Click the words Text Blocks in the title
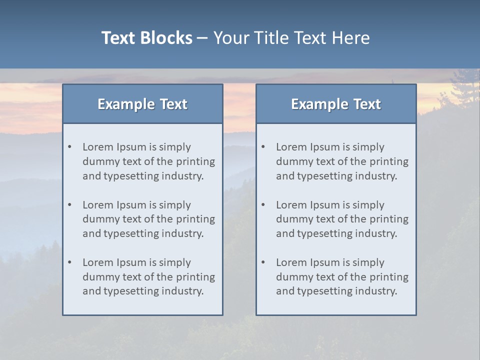[x=146, y=38]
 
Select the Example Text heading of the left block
[x=142, y=104]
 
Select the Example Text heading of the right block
[x=336, y=104]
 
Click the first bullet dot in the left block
[x=70, y=147]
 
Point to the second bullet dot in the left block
[x=70, y=205]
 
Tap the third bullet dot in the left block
[x=70, y=262]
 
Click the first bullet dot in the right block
[x=263, y=147]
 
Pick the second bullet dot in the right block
[x=263, y=205]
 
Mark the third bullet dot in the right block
[x=263, y=262]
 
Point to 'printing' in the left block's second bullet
[x=195, y=219]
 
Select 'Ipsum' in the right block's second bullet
[x=324, y=205]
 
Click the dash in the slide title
[x=203, y=38]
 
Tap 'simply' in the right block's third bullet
[x=368, y=262]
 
